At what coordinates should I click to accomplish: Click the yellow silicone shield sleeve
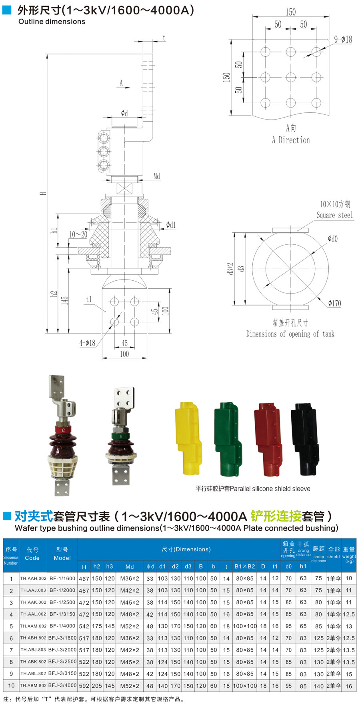pyautogui.click(x=187, y=438)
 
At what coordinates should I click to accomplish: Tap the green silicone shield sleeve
pyautogui.click(x=228, y=439)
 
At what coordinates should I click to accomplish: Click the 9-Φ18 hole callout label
pyautogui.click(x=343, y=39)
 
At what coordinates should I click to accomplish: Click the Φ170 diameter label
pyautogui.click(x=334, y=303)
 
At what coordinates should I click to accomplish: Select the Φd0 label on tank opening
pyautogui.click(x=332, y=239)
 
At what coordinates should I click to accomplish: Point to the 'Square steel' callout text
pyautogui.click(x=335, y=215)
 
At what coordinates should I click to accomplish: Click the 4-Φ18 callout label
pyautogui.click(x=87, y=343)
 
